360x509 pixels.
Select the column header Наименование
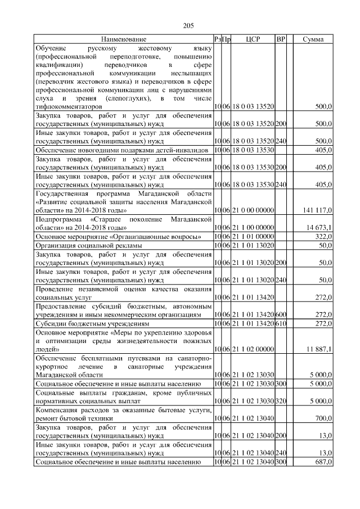(124, 39)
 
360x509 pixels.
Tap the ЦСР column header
(253, 39)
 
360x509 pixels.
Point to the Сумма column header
(313, 39)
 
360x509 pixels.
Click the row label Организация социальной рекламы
(88, 246)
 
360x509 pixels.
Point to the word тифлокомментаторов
(69, 106)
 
